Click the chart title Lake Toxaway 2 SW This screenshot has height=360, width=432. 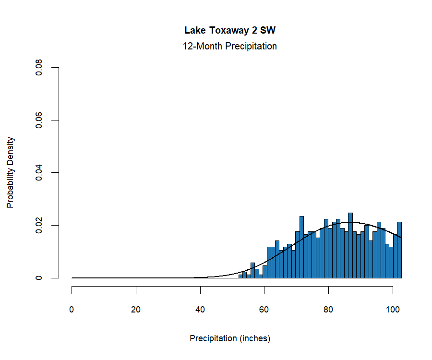pos(230,31)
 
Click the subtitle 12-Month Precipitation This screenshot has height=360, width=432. pos(230,47)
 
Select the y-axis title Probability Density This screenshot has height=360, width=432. pos(11,172)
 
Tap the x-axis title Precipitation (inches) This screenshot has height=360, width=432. pos(230,338)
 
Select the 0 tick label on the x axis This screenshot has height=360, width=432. pos(72,310)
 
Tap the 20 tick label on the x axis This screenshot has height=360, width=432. pos(136,310)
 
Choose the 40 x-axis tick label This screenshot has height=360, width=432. pos(200,310)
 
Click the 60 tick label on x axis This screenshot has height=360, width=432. pos(264,310)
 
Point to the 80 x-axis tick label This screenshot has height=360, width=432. pos(328,310)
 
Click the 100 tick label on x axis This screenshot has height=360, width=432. pos(393,310)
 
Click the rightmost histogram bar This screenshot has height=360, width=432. pos(399,250)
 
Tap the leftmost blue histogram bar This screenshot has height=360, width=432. pos(241,276)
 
